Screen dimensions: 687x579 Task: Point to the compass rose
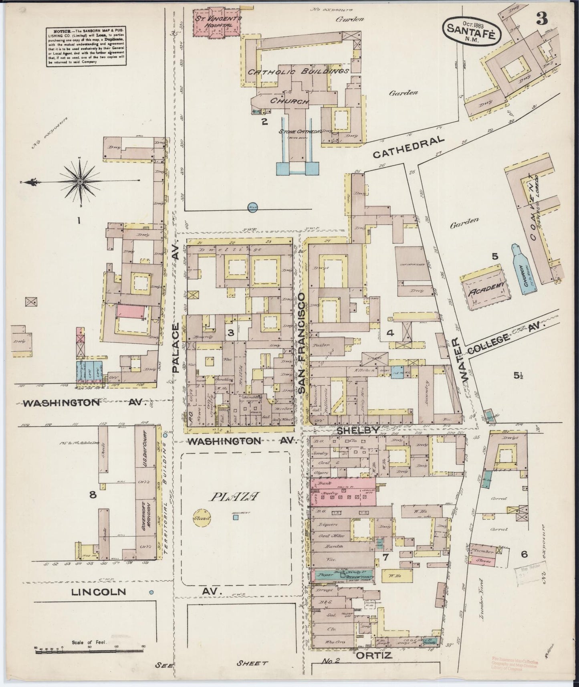pos(81,182)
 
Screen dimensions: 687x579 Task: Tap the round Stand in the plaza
pos(201,518)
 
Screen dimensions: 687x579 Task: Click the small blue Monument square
pos(236,517)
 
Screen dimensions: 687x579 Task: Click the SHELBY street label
pos(358,430)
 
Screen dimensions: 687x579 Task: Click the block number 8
pos(93,495)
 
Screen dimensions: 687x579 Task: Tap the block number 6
pos(524,554)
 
